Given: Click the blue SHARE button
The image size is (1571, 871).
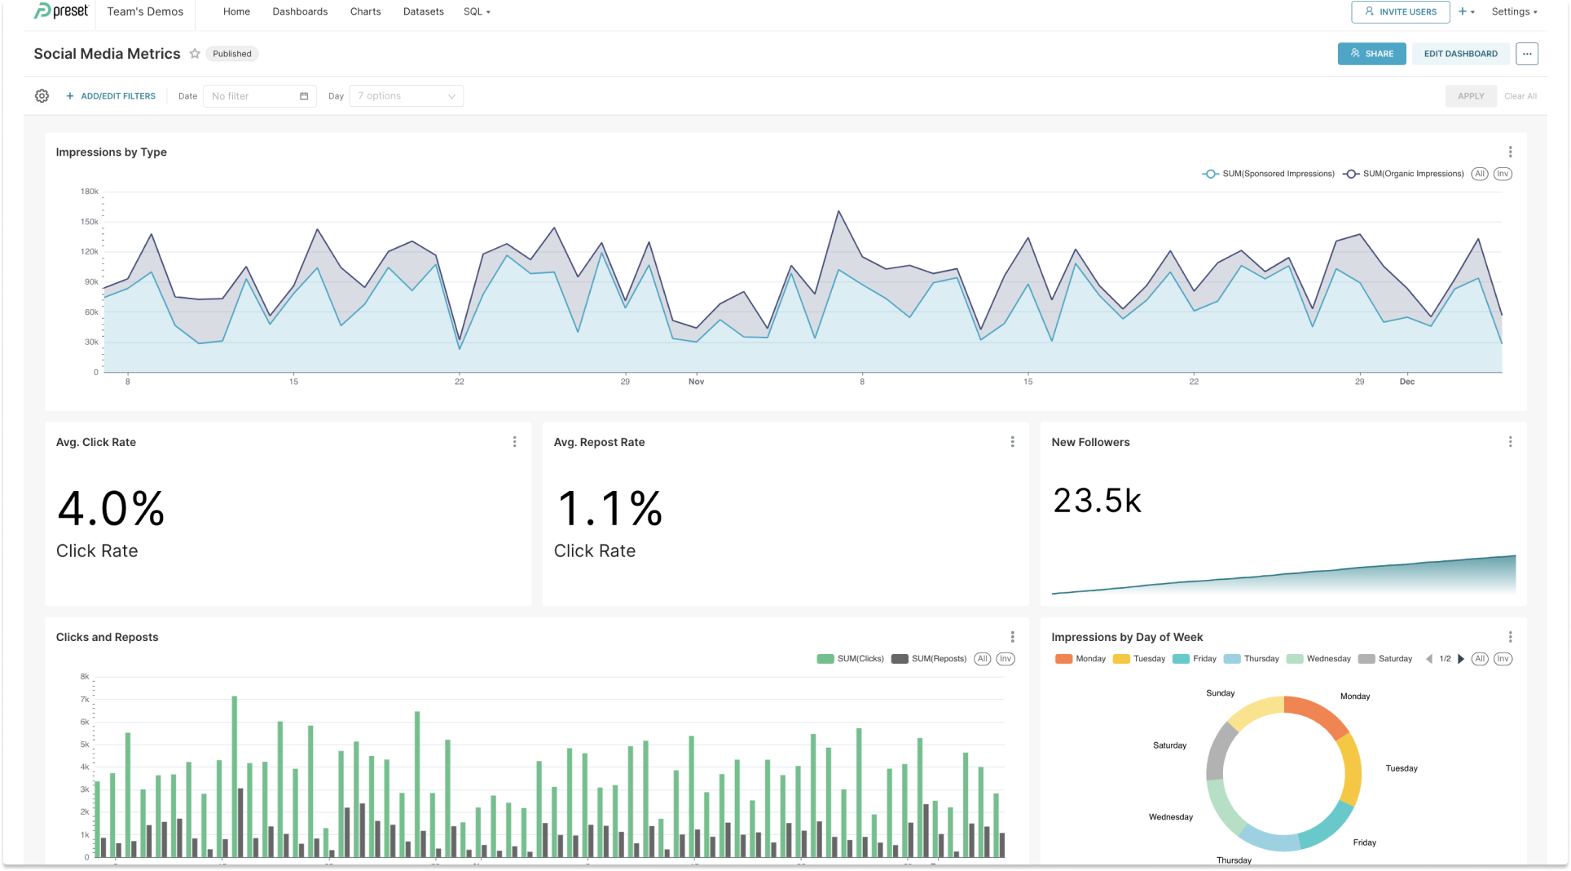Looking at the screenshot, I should (1371, 54).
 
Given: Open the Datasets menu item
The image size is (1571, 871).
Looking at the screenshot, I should (423, 11).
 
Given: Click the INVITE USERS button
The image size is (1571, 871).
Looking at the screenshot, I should (1400, 11).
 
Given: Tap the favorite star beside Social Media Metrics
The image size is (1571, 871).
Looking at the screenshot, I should (195, 54).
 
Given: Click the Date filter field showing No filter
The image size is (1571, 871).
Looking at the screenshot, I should (259, 96).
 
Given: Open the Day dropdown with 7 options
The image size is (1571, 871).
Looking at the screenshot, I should (406, 96).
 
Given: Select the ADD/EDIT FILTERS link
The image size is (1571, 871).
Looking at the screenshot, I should (111, 96).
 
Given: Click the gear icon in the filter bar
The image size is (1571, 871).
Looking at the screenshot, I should (42, 96).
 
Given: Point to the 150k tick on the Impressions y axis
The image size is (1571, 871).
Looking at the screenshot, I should (89, 222).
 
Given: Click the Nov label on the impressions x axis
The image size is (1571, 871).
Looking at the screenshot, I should (696, 382).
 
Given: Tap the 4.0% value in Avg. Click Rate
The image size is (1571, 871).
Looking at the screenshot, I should (111, 509).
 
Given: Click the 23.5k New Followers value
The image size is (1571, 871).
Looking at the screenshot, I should (1097, 501).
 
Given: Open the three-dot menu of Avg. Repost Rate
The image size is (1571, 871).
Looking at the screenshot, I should (1012, 442).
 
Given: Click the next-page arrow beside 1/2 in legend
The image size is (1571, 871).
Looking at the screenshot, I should (1461, 659).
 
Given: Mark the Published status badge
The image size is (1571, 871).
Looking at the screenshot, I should (232, 54).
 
